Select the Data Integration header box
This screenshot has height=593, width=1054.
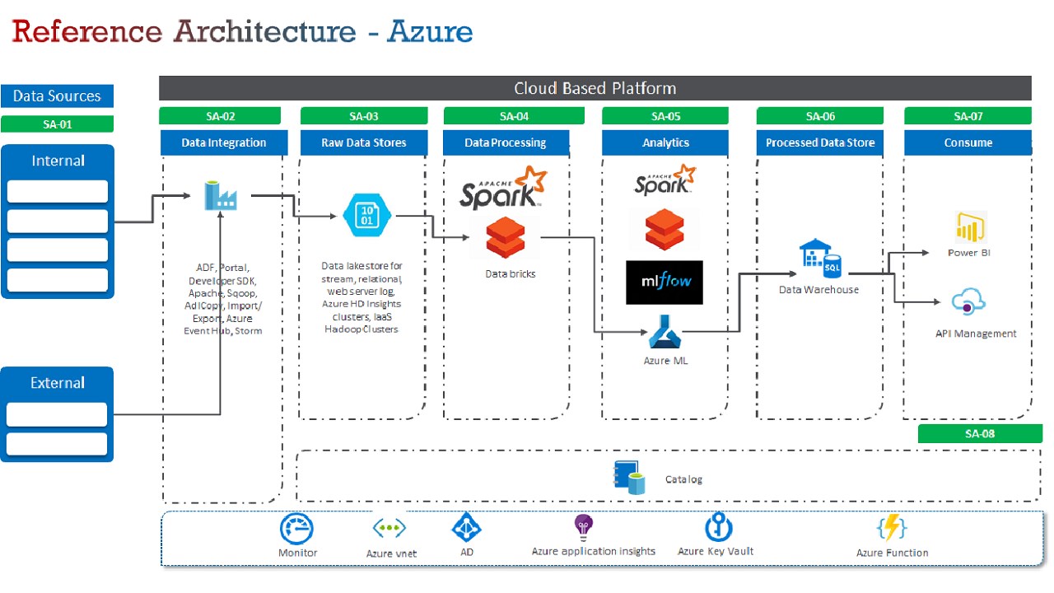[x=224, y=142]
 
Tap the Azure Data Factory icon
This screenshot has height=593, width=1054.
[x=220, y=196]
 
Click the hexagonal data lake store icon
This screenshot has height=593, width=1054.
[x=366, y=216]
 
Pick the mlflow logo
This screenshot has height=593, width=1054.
[x=665, y=282]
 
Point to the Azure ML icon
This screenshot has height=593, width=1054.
[x=665, y=332]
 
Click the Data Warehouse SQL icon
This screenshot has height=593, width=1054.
[x=819, y=259]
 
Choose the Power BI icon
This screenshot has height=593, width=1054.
[x=969, y=227]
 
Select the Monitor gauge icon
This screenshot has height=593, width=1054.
[x=297, y=529]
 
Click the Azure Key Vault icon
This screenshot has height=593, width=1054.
[x=718, y=528]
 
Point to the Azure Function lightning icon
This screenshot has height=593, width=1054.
[x=892, y=528]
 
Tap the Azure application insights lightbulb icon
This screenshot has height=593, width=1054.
[x=584, y=527]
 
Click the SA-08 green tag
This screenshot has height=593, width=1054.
[x=979, y=433]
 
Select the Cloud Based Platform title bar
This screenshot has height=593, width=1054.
[x=595, y=88]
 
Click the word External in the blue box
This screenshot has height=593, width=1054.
[x=58, y=383]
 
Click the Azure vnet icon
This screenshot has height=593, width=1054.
[x=389, y=528]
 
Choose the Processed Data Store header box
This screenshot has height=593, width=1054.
[x=819, y=142]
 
